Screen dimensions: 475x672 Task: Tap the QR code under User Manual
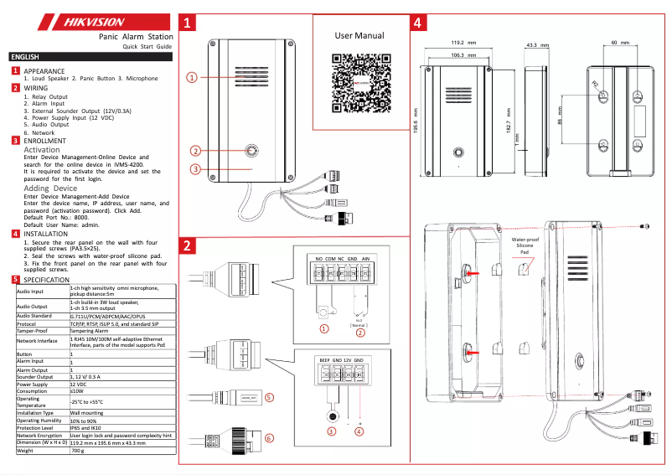(359, 83)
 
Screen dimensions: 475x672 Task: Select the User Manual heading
(359, 36)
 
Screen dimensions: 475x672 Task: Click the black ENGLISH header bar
(90, 57)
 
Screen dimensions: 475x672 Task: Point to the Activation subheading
(42, 150)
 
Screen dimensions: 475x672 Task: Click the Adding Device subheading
(50, 188)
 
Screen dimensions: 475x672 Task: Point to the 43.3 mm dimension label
(536, 44)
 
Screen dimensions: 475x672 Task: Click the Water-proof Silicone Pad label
(524, 245)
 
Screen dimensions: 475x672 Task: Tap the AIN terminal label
(365, 260)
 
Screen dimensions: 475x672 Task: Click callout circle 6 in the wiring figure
(269, 438)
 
